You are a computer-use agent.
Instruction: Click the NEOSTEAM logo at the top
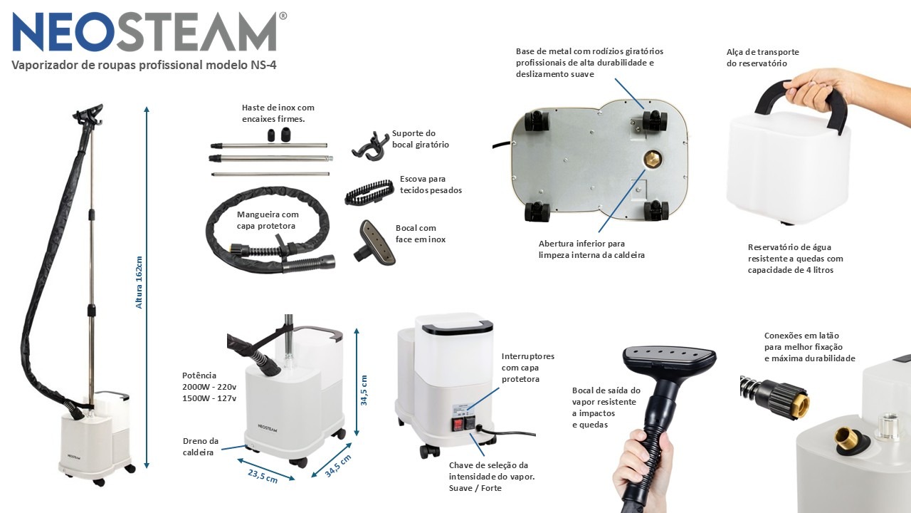149,32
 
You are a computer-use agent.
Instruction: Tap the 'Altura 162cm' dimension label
139,282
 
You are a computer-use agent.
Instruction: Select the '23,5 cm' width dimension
263,475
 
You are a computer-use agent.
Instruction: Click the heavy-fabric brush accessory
369,192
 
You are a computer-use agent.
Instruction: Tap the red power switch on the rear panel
458,424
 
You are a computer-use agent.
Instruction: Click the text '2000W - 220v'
209,387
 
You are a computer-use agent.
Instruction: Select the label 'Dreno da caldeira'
201,447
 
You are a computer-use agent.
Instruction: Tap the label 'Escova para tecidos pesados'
431,185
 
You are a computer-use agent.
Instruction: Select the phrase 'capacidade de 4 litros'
791,270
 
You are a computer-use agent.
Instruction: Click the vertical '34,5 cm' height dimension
364,390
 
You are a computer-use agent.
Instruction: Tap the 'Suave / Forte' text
475,488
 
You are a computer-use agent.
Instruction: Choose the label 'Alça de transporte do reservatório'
762,58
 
